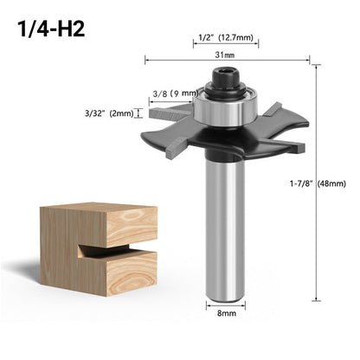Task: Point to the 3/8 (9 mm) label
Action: [x=172, y=93]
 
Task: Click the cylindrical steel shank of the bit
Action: [x=227, y=234]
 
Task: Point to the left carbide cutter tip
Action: [x=161, y=111]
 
